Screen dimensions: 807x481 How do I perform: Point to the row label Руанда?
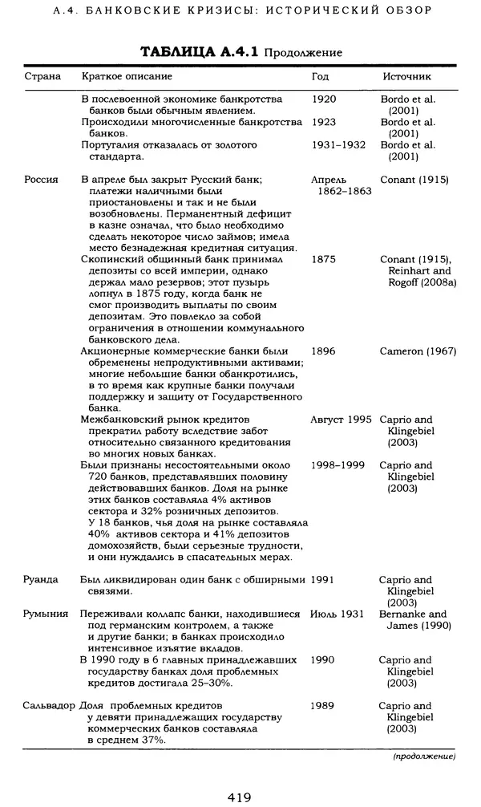42,579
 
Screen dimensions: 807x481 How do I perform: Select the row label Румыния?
46,614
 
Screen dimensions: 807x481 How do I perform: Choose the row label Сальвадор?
50,706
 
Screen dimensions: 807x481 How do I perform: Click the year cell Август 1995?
342,420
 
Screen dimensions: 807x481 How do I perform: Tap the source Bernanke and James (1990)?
415,619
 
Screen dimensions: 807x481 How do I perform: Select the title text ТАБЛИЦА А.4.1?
199,52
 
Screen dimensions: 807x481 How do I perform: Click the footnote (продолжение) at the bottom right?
424,756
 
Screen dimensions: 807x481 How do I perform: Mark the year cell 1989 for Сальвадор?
323,706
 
